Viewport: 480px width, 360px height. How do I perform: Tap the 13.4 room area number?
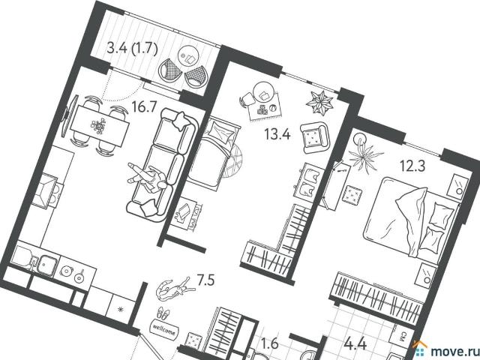tap(277, 134)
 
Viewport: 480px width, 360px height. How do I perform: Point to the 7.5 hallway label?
tap(205, 280)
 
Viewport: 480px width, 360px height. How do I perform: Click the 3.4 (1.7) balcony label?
tap(132, 48)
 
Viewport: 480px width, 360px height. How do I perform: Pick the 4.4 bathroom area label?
tap(355, 344)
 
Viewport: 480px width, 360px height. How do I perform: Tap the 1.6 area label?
tap(271, 343)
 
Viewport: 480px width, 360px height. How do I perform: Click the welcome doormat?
tap(164, 329)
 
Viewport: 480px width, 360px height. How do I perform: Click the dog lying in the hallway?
tap(175, 289)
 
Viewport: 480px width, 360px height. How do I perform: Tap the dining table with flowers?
tap(100, 125)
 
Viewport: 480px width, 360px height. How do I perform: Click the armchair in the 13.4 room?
tap(315, 137)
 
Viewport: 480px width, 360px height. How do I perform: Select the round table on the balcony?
tap(188, 57)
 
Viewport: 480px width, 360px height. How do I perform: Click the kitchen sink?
tap(48, 264)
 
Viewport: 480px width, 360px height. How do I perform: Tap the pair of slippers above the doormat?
tap(164, 313)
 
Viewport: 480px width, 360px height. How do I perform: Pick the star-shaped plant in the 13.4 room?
tap(319, 103)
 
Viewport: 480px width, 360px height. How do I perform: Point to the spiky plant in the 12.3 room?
tap(365, 156)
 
